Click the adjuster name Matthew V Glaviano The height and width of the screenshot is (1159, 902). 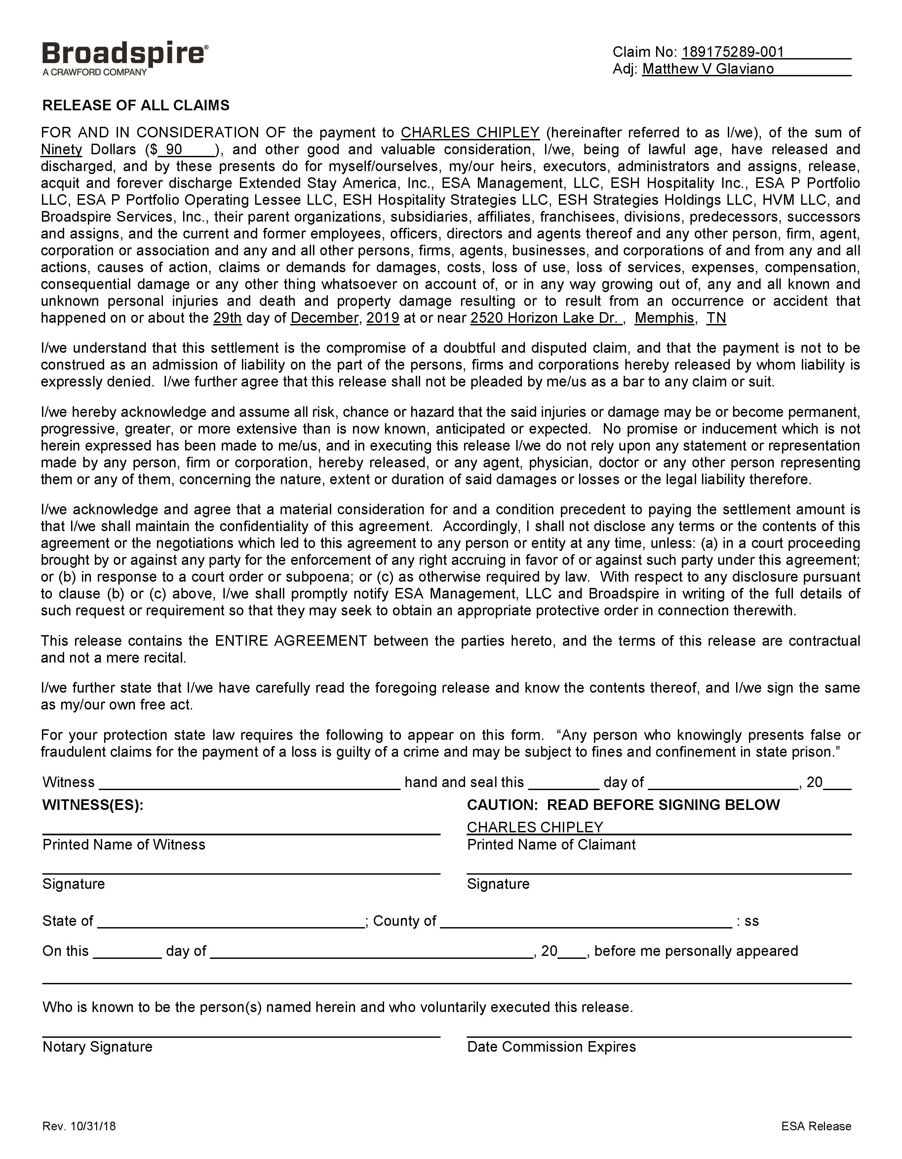coord(707,69)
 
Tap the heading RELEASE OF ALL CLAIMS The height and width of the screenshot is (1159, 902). coord(136,105)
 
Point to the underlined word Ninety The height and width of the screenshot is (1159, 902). coord(61,150)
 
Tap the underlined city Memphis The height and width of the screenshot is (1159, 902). coord(664,318)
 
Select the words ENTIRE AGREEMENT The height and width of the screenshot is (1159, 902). coord(291,641)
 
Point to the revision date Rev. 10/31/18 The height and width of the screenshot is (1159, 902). coord(79,1126)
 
